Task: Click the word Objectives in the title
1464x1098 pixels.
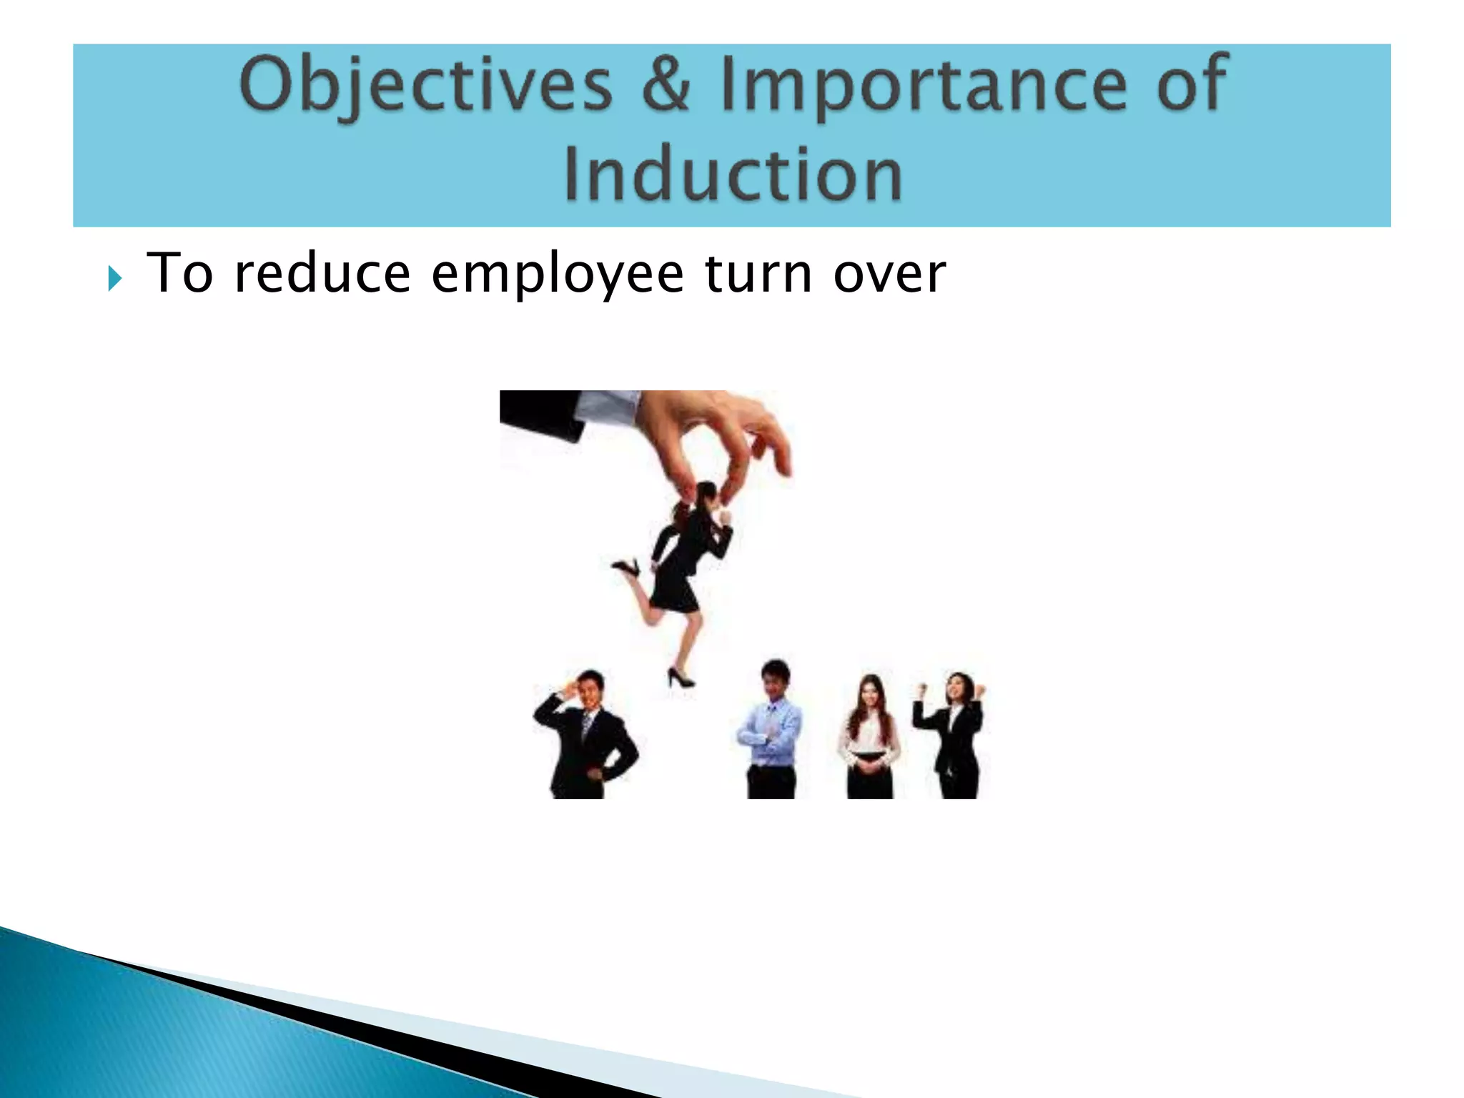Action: point(426,86)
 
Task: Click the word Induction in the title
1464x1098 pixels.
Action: point(733,175)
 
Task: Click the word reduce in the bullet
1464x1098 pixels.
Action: point(322,274)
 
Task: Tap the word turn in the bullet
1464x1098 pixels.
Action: point(758,274)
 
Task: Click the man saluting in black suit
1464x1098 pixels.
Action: point(586,736)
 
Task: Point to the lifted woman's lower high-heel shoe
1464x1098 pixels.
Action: point(679,677)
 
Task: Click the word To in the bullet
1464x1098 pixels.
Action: point(179,274)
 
